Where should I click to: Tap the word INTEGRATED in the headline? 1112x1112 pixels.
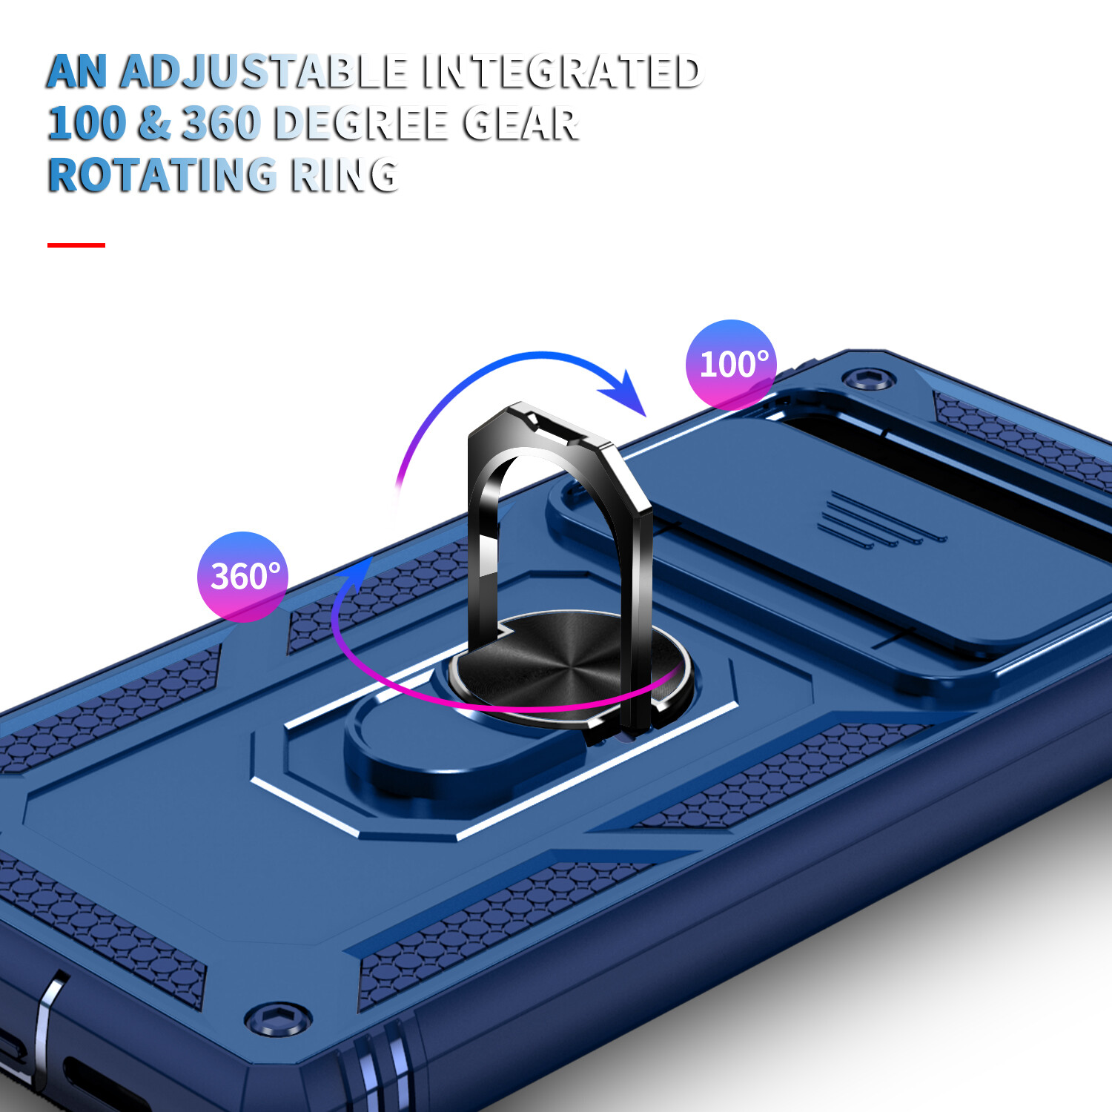561,72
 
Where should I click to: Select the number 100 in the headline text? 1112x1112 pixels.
87,124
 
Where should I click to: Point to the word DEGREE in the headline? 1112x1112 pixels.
360,124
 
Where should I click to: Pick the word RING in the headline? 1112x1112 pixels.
345,176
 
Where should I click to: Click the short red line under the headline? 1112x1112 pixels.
76,245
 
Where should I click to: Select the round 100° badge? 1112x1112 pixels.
731,364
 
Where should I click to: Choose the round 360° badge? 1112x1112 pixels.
242,576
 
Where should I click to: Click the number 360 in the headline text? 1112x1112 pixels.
222,124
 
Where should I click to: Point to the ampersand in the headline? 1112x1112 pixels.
153,124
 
